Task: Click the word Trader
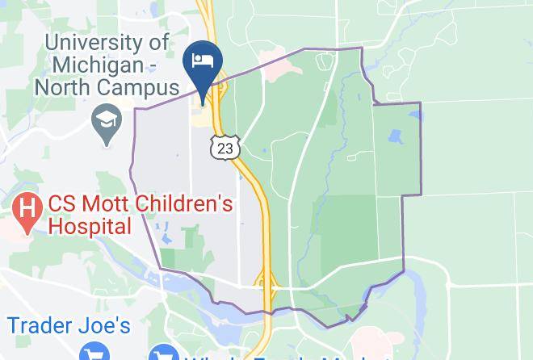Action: click(x=41, y=325)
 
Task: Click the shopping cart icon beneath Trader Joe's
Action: click(x=94, y=354)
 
